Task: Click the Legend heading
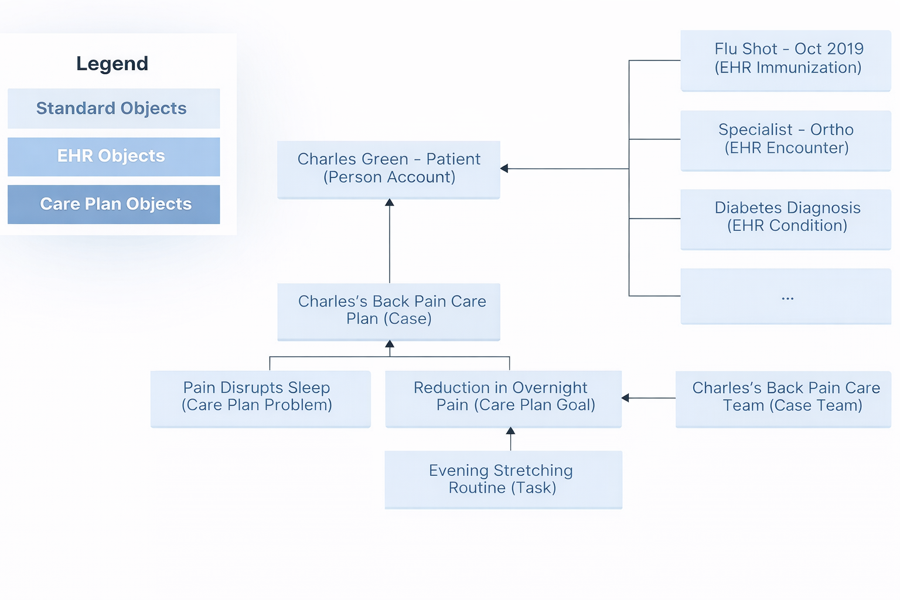112,63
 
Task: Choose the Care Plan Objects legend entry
114,204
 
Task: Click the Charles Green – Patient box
388,169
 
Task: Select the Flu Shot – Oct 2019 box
785,60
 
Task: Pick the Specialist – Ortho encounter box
785,139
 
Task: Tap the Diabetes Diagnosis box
785,218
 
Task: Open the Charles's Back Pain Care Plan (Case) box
388,311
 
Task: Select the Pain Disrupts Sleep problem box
260,398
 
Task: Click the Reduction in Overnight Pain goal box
503,398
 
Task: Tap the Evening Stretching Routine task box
503,479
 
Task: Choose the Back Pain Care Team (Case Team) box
783,398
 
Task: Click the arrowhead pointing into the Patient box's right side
504,169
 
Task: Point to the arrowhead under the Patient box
390,203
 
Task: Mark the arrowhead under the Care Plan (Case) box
390,345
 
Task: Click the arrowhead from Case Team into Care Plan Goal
625,398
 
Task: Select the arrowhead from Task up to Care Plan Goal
510,431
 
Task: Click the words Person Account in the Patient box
389,178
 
